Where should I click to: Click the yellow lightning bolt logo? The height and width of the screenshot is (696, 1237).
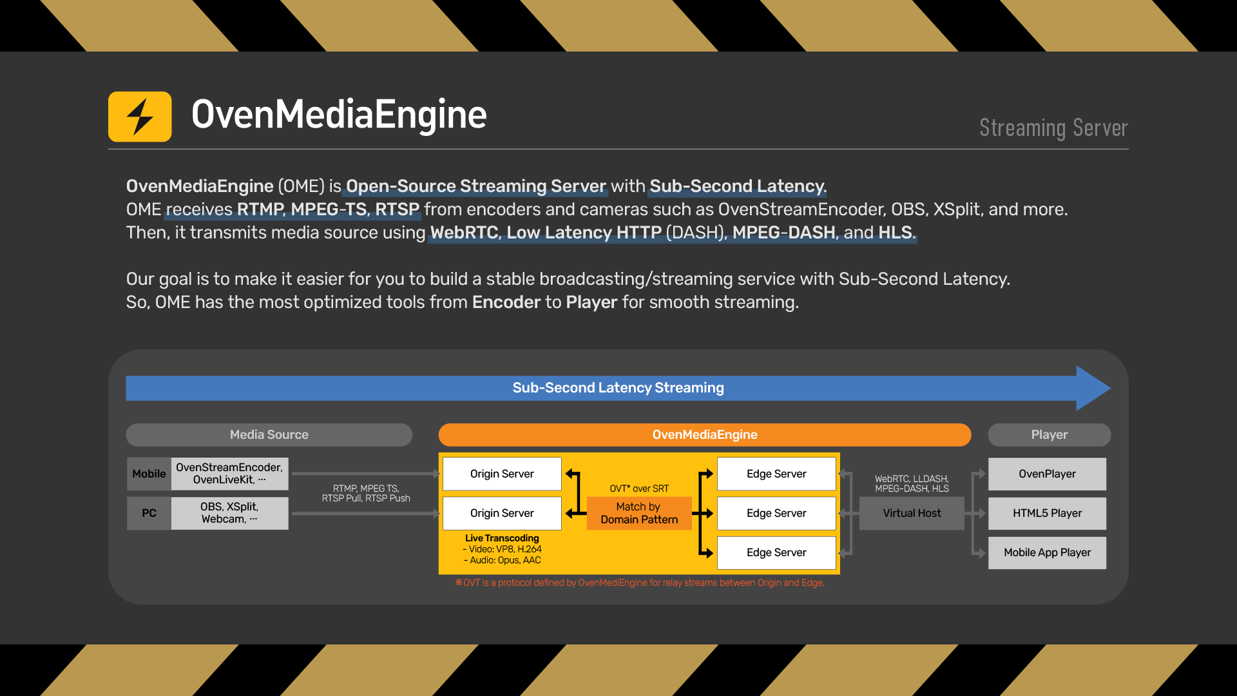140,117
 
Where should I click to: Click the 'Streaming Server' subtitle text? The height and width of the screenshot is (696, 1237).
1053,128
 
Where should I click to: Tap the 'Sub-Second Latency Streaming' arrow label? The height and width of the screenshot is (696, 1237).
618,387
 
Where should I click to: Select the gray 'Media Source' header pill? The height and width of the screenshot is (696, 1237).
269,435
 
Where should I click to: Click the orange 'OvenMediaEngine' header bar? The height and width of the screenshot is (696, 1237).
704,435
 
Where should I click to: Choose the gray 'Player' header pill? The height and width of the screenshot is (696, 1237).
1049,435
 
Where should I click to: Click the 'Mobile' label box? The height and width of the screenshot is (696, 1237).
149,474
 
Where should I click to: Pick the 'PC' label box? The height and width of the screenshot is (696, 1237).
149,513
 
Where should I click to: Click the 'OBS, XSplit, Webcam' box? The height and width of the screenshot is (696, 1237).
229,513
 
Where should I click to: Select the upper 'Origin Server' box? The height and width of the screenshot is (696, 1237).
502,474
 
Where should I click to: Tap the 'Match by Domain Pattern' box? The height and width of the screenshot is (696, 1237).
639,513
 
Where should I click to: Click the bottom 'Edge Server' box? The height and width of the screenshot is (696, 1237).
776,552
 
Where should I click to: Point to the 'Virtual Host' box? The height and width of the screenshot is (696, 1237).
912,513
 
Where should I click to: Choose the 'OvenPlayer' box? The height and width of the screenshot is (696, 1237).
1047,474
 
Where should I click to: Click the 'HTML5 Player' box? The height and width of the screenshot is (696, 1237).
1047,513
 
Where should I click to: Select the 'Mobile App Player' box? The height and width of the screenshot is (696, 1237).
1047,552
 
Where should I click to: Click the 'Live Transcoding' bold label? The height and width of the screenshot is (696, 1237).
502,538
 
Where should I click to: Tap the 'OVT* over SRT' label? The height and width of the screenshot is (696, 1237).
639,488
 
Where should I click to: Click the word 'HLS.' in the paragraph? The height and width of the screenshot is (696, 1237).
896,233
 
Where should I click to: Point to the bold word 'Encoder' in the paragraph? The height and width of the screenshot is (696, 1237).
506,302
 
